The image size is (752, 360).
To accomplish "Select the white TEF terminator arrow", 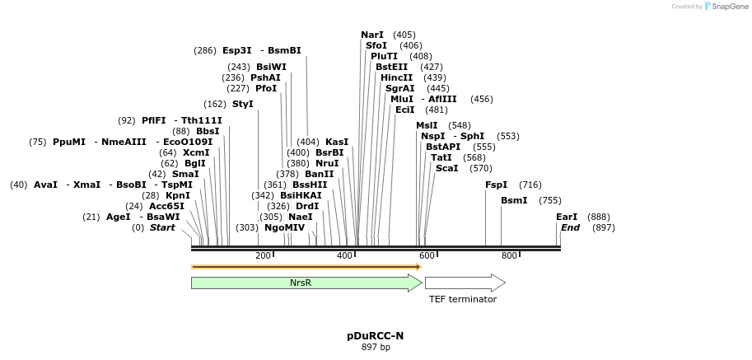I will point(464,283).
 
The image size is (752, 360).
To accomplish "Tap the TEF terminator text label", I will point(462,299).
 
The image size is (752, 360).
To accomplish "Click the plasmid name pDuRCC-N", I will point(376,336).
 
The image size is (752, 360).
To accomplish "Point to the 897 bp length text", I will point(376,347).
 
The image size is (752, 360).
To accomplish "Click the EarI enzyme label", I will point(567,217).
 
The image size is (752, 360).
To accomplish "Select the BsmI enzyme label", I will point(513,200).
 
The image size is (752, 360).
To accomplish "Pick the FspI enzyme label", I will point(497,185).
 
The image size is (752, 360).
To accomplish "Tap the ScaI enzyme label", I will point(446,168).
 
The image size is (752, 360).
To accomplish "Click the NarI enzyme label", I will point(372,35).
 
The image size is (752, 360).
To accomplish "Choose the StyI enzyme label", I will point(242,104).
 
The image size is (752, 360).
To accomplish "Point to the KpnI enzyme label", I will point(178,195).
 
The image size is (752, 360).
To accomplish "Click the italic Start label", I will point(161,227).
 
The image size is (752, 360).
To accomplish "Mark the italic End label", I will point(571,227).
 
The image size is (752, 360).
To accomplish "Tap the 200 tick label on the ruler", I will point(264,255).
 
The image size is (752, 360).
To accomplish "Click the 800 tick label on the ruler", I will point(508,255).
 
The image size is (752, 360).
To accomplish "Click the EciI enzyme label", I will point(404,110).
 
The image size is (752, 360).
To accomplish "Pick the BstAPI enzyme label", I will point(443,147).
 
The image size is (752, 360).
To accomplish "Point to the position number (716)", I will point(530,185).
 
